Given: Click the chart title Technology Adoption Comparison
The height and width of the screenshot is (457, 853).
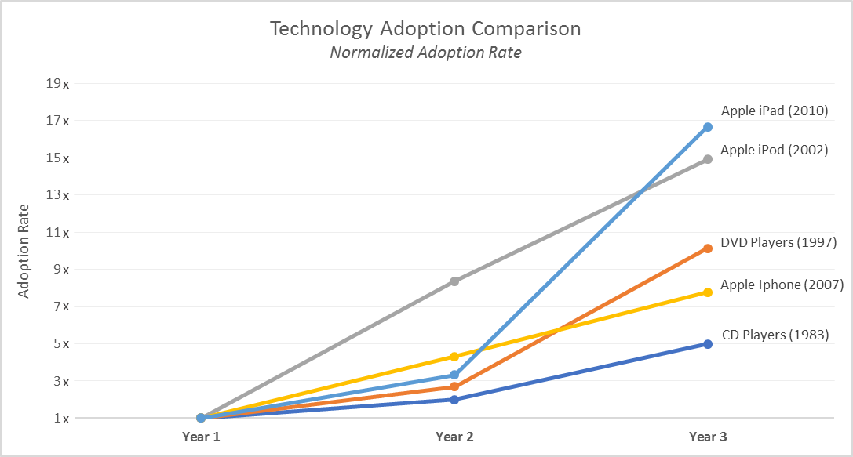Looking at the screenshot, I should [425, 29].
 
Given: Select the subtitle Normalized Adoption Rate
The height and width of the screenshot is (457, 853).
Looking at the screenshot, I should [425, 53].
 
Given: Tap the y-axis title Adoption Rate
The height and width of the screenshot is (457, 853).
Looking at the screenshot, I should [24, 251].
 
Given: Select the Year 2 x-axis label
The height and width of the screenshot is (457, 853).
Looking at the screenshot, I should [454, 437].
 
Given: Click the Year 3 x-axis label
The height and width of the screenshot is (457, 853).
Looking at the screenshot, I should [708, 437].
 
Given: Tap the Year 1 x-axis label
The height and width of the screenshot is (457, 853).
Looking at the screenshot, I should [201, 437].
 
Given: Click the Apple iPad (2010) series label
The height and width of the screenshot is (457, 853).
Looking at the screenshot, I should [775, 111].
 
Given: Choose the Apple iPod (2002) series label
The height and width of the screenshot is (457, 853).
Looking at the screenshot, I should [774, 150].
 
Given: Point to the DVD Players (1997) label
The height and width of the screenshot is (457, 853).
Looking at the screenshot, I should [778, 243].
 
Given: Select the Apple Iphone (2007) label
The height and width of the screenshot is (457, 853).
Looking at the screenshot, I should [782, 285].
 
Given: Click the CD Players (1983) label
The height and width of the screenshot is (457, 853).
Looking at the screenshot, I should [775, 335].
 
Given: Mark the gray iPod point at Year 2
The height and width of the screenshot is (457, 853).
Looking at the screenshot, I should [454, 281].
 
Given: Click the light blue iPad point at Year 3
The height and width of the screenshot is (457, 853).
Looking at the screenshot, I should [708, 127].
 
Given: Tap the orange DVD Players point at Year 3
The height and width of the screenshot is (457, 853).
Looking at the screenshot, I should [708, 248].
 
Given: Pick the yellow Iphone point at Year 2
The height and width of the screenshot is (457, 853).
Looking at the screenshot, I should [454, 357].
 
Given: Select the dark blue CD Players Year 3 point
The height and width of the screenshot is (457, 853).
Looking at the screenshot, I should [708, 344].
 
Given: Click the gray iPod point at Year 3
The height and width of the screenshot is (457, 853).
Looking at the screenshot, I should [708, 159].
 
